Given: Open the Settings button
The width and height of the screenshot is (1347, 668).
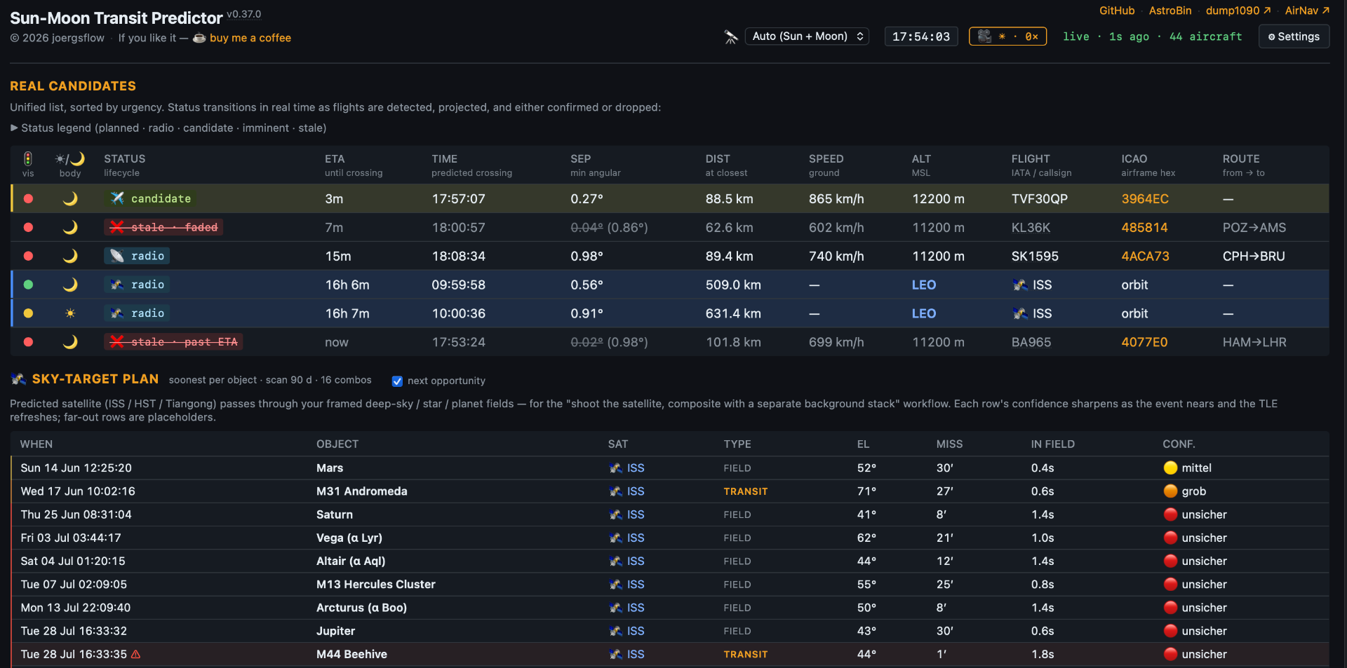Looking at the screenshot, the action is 1294,36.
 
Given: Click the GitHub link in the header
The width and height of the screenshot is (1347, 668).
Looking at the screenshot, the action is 1117,11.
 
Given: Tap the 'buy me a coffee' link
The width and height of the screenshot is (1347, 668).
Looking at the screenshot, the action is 250,38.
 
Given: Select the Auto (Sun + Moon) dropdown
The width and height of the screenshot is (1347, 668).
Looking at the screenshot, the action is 807,36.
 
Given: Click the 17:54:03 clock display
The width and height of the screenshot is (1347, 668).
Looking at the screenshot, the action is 921,36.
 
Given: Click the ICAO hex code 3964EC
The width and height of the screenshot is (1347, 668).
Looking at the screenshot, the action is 1145,199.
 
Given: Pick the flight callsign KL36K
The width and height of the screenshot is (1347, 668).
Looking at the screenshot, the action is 1031,228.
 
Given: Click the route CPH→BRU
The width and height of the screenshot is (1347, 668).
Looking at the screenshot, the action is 1254,257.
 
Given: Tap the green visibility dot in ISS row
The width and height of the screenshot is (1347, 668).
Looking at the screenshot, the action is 28,285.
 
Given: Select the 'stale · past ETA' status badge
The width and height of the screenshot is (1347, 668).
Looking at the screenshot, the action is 173,342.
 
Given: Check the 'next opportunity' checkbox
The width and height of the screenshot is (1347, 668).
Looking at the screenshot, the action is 397,381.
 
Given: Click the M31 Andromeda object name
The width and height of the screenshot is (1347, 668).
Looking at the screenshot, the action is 361,491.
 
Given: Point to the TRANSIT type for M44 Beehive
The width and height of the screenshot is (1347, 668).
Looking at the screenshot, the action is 746,655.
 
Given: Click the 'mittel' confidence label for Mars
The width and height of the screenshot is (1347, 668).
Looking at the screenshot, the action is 1196,468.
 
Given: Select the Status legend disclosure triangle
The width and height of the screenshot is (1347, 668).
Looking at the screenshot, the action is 14,128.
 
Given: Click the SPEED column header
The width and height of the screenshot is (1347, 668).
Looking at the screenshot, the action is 826,159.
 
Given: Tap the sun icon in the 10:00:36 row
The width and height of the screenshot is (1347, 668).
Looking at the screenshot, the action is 70,313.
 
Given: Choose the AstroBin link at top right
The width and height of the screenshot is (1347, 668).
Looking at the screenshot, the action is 1170,11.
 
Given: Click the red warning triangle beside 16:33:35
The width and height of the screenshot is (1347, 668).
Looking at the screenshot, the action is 136,655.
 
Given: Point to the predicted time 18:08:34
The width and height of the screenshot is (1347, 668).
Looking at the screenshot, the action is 458,257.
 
